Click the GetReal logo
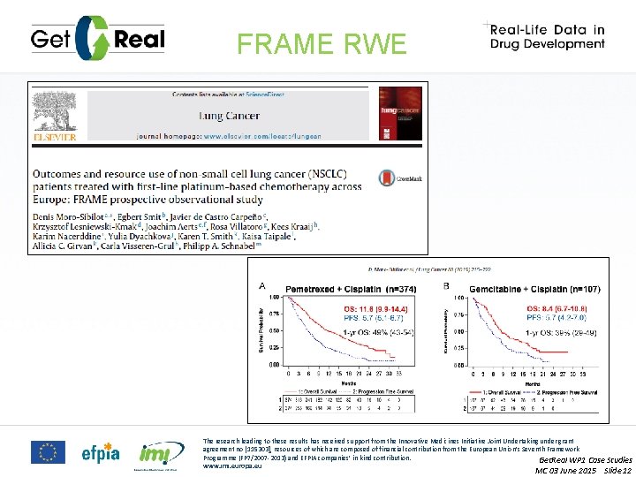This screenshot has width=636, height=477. pyautogui.click(x=97, y=37)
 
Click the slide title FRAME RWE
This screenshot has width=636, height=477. pyautogui.click(x=322, y=43)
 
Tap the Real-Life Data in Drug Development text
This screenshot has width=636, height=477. pyautogui.click(x=549, y=36)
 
